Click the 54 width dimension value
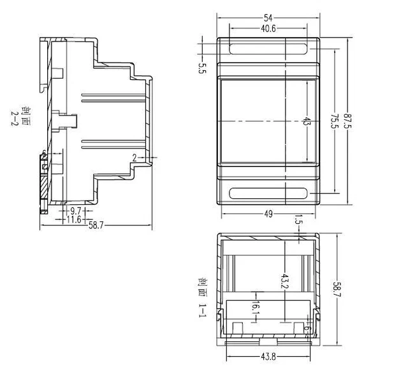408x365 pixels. [268, 18]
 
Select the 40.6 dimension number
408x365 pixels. [268, 29]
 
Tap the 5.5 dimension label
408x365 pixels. [202, 68]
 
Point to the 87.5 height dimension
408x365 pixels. [347, 121]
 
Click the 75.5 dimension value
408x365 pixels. [334, 121]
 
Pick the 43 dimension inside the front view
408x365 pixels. [307, 121]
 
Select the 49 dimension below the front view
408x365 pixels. [268, 214]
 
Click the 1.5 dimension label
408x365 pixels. [299, 220]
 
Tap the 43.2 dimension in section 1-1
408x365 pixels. [285, 281]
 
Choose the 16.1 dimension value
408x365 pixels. [256, 308]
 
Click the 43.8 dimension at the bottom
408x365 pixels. [268, 357]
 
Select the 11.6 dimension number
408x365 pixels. [74, 220]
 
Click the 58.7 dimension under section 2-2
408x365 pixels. [96, 225]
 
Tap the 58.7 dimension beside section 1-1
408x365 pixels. [337, 289]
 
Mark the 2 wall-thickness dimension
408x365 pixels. [135, 158]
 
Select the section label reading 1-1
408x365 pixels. [202, 310]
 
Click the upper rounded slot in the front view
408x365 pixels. [268, 49]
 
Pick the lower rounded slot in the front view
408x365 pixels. [268, 193]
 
